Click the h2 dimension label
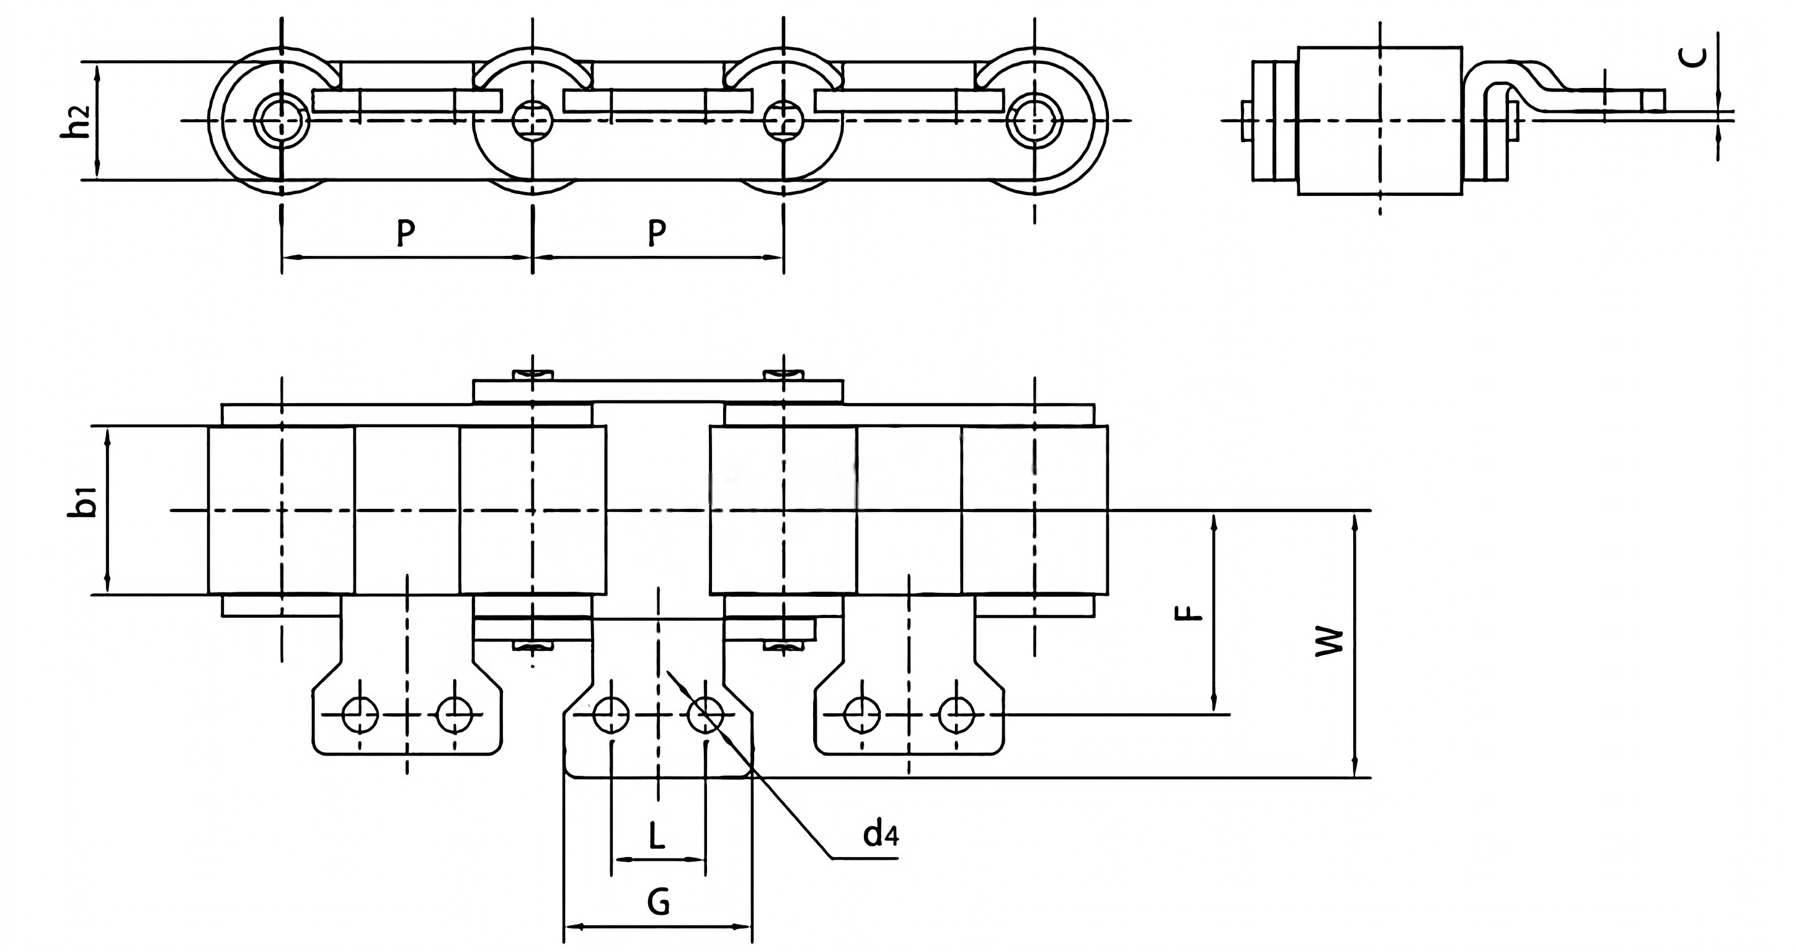(82, 121)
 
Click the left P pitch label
(405, 233)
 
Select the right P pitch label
(656, 233)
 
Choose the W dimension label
(1329, 641)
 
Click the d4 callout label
(880, 834)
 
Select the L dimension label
(656, 835)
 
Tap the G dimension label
(658, 902)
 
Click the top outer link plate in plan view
(658, 390)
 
